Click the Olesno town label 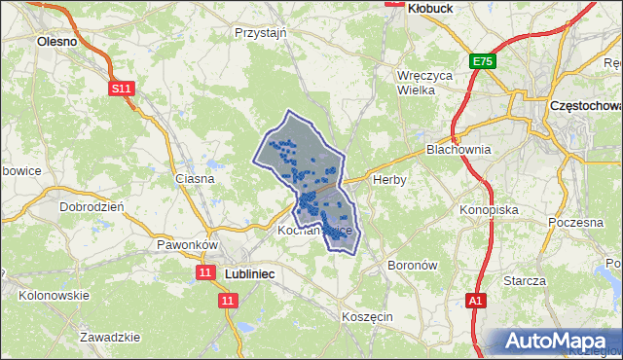point(56,42)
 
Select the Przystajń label point(260,32)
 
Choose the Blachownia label point(458,150)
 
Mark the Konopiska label point(489,209)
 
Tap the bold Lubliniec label point(249,275)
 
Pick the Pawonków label point(186,245)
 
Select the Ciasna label point(194,179)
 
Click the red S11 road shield point(121,89)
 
